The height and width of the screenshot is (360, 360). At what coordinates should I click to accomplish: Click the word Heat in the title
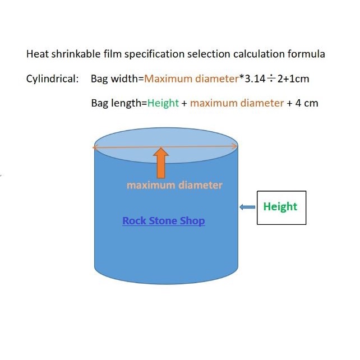(37, 54)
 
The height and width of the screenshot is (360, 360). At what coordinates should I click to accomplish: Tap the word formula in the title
(306, 54)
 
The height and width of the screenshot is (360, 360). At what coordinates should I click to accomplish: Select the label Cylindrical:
(52, 79)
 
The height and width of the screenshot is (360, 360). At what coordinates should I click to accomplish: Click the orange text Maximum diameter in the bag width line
(191, 79)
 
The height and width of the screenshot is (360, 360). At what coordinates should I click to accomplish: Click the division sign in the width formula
(271, 79)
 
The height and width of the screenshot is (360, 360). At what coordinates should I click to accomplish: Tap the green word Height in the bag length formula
(163, 103)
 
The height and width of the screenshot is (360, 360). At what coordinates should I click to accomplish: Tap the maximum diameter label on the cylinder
(174, 185)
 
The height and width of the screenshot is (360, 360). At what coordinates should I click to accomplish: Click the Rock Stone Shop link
(164, 220)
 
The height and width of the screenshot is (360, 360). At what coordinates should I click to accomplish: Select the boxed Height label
(281, 207)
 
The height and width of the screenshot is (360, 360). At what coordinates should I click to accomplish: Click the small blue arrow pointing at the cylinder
(247, 207)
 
